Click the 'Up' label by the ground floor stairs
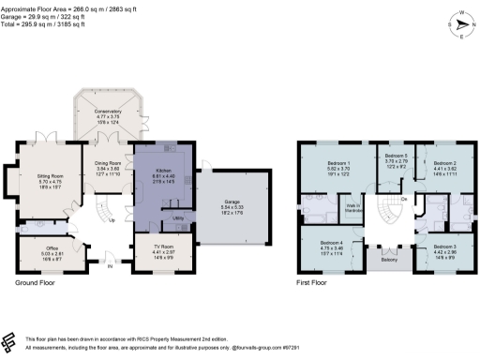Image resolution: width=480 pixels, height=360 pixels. coord(112,220)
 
